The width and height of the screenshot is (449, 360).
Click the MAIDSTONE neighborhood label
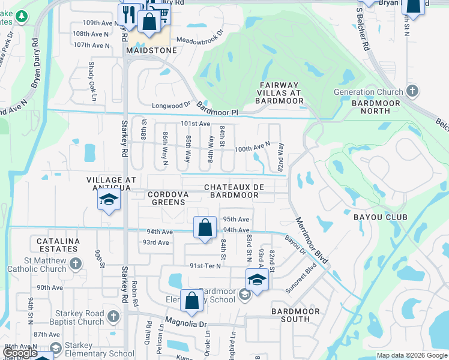click(151, 50)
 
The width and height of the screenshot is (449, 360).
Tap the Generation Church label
click(369, 92)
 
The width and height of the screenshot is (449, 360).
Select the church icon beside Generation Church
click(411, 91)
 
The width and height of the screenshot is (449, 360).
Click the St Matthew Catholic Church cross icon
click(76, 263)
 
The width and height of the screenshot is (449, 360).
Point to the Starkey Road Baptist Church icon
click(114, 315)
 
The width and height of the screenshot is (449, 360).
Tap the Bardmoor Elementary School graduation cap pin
click(257, 280)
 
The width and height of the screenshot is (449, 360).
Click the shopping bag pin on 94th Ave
click(205, 229)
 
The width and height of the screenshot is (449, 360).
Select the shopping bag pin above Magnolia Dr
click(191, 302)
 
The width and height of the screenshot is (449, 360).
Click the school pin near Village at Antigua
click(109, 200)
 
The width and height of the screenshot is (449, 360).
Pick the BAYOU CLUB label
click(380, 217)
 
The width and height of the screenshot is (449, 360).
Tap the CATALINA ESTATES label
click(58, 245)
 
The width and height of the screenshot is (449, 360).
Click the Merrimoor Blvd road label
click(312, 239)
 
